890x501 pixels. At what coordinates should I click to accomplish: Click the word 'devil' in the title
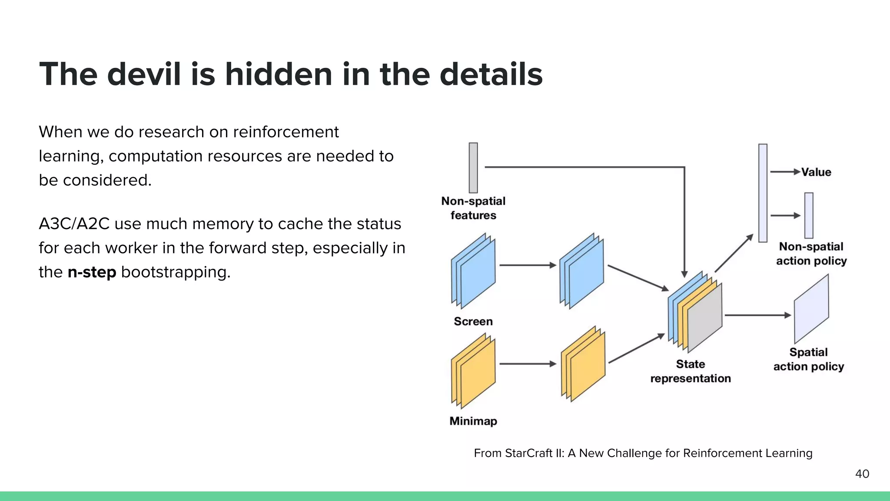tap(144, 74)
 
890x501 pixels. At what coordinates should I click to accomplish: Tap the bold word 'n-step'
tap(92, 272)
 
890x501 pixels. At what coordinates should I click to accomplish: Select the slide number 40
tap(862, 474)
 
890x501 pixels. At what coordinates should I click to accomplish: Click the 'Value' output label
tap(816, 172)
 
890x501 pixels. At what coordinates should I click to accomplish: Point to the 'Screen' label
tap(473, 321)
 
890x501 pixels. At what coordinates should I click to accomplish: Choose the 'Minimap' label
tap(473, 421)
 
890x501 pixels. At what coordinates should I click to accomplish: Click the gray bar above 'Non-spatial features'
tap(473, 167)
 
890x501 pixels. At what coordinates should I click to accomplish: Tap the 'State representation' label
tap(691, 371)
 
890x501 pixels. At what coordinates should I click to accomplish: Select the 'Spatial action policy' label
tap(809, 359)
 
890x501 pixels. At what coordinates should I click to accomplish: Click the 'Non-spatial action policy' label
tap(811, 254)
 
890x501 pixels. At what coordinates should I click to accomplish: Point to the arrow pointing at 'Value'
tap(785, 172)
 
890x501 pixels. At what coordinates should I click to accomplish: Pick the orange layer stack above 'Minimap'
tap(473, 371)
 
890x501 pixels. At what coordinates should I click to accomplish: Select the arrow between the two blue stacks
tap(528, 265)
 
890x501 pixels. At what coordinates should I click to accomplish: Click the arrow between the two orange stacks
tap(528, 364)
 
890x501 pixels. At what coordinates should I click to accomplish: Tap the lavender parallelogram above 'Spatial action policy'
tap(811, 309)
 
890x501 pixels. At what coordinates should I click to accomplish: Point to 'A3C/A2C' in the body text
tap(74, 224)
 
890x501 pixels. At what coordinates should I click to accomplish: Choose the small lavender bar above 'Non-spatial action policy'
tap(809, 215)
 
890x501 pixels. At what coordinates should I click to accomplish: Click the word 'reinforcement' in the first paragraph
tap(286, 132)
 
